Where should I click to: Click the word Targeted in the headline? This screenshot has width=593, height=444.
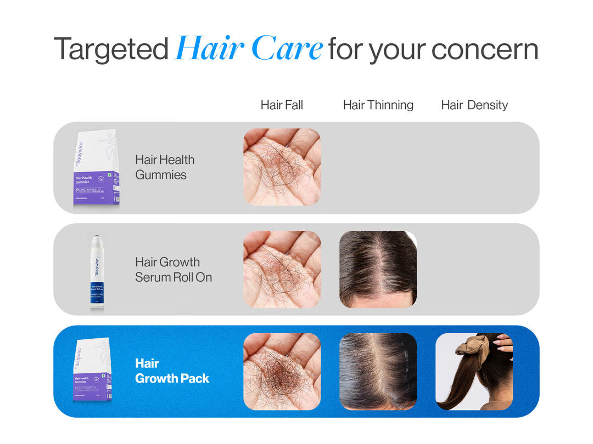coord(111,49)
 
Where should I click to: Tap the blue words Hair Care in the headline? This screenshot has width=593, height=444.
coord(249,49)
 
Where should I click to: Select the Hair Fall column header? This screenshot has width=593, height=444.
coord(282,105)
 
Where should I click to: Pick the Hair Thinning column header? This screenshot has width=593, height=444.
coord(378,105)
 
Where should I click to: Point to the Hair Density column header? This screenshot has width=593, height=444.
coord(474,105)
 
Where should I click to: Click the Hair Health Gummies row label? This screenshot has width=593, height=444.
coord(165,167)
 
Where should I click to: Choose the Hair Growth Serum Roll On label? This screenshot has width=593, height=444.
coord(173,269)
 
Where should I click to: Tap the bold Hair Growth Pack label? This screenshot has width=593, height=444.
coord(172,371)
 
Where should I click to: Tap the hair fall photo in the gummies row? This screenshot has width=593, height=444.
coord(282,167)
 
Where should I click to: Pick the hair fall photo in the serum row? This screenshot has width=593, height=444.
coord(282,269)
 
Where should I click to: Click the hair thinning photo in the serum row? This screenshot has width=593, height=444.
coord(378,269)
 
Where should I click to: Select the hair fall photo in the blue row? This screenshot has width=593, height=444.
coord(282,371)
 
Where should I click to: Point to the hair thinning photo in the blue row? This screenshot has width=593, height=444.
coord(378,371)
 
